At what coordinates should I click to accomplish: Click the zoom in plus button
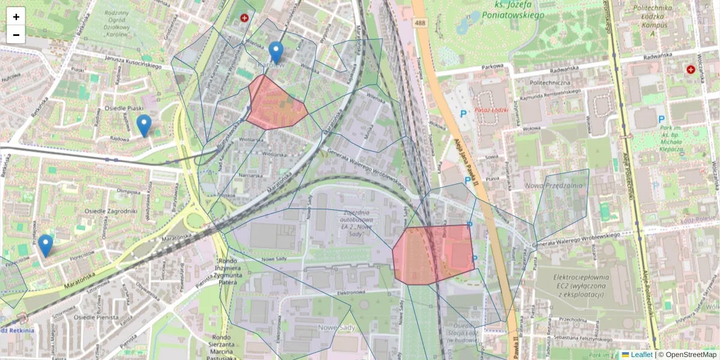pos(16,17)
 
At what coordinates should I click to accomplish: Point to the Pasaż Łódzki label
pos(491,110)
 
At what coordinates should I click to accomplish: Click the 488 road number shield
pos(420,23)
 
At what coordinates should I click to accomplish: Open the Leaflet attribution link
pos(641,355)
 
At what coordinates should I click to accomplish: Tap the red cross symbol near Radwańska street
pos(691,70)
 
